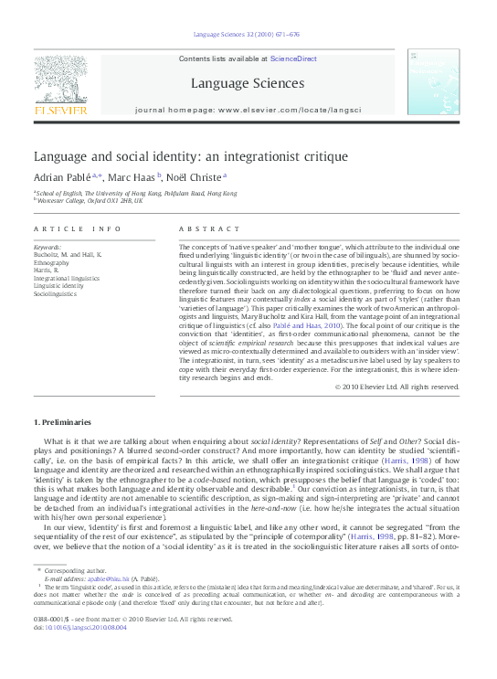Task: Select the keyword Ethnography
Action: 53,262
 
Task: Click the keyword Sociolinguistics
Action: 57,295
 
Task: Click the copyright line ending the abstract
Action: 397,387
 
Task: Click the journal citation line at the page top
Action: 247,36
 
